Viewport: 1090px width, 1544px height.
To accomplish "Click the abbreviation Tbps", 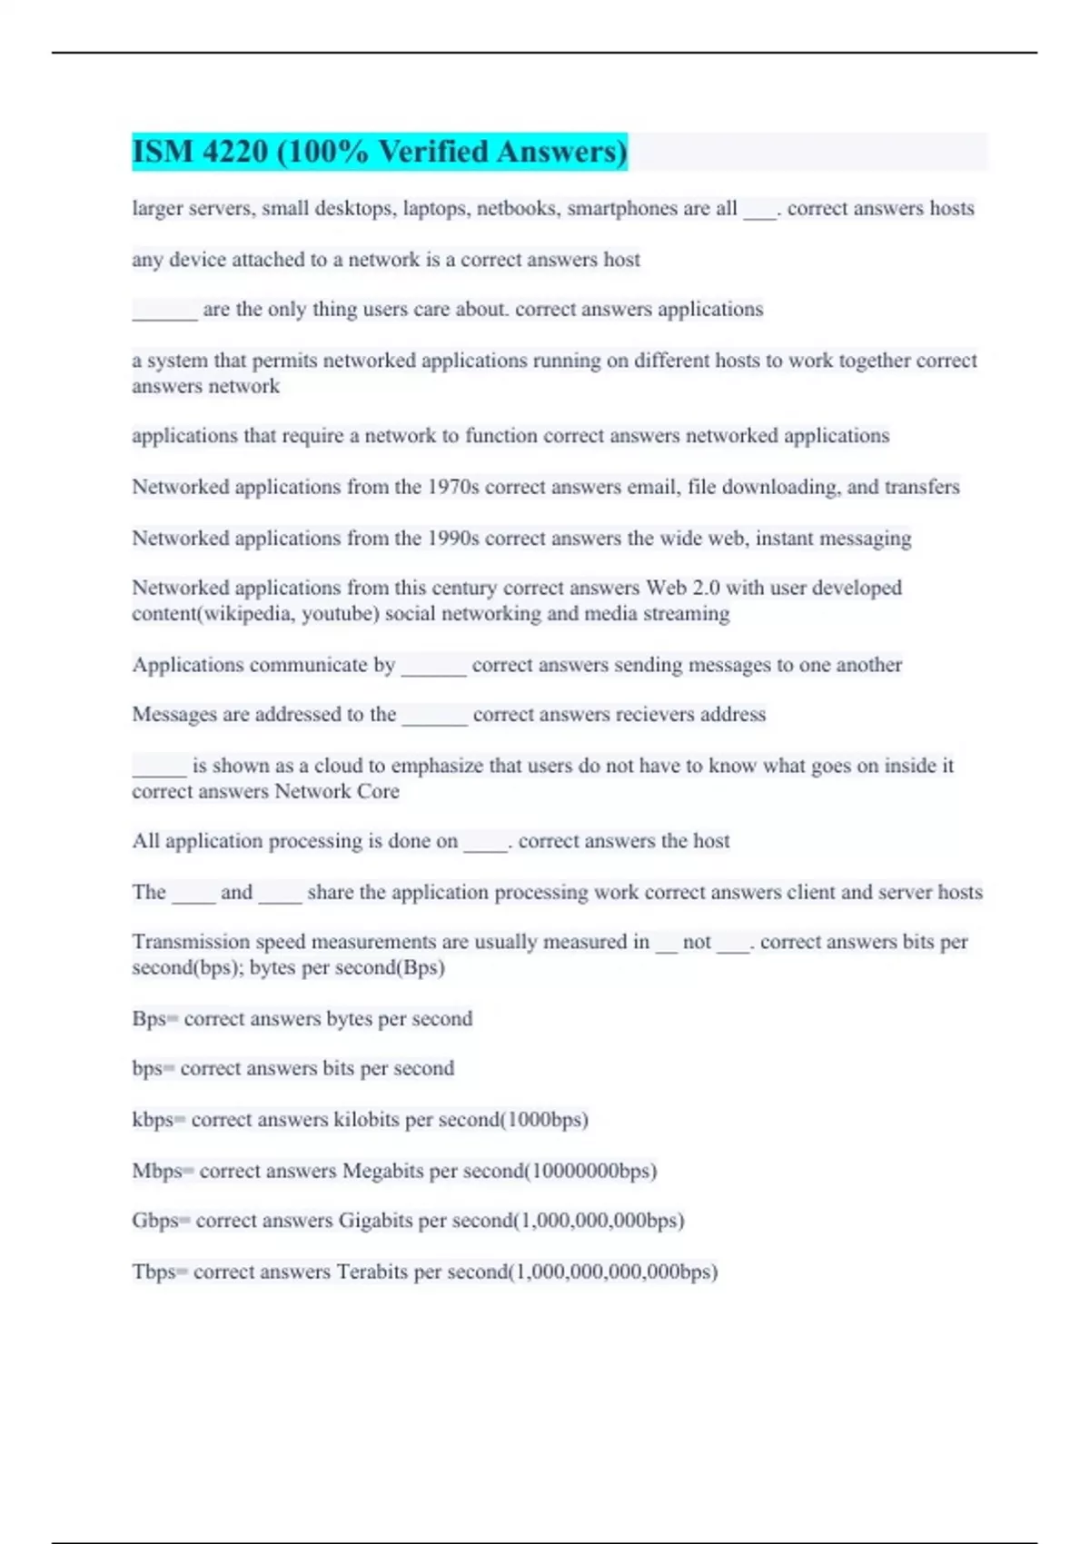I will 153,1272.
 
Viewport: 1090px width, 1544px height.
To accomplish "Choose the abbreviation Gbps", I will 154,1221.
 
